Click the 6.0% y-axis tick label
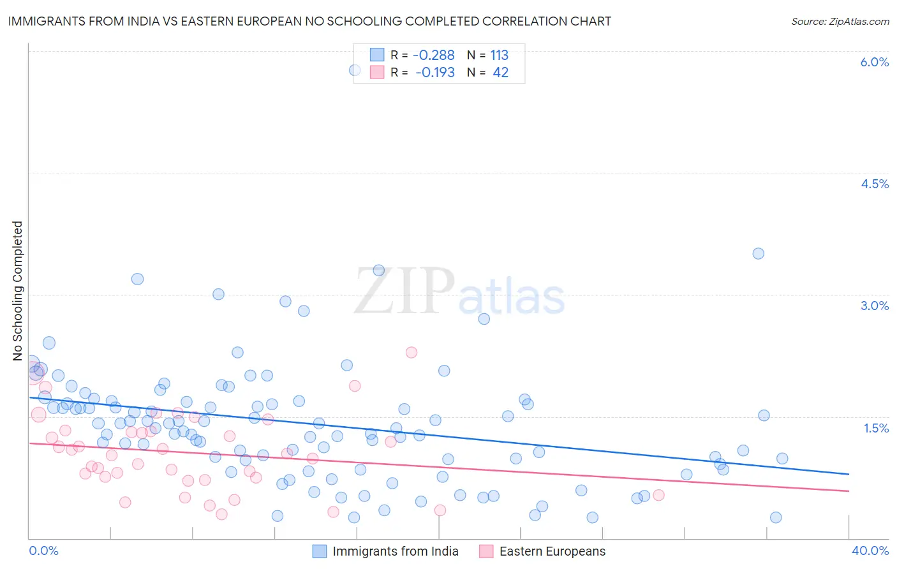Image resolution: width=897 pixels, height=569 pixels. pos(874,62)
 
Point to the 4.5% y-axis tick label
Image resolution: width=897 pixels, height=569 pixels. pos(874,184)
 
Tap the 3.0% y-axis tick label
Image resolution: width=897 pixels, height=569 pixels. pos(874,306)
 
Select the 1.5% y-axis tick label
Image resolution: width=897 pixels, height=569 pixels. pos(876,428)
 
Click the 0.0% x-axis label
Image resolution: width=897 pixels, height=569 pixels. pos(43,551)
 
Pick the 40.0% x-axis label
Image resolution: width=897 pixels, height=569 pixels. pos(870,551)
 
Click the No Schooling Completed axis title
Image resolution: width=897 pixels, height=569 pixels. pos(17,291)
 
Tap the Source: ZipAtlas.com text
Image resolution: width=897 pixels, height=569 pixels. pos(840,22)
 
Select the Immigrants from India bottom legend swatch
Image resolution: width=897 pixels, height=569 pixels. pos(320,551)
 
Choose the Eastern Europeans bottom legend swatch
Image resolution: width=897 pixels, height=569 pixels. pos(486,551)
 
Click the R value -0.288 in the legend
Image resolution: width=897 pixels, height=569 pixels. pos(434,55)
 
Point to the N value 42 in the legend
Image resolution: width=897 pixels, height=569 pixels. pos(500,73)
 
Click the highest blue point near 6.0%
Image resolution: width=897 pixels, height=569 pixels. pos(355,70)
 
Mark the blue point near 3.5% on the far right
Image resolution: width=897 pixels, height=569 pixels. pos(758,253)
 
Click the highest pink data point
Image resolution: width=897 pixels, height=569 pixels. pos(411,352)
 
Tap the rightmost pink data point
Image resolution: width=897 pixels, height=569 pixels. pos(659,495)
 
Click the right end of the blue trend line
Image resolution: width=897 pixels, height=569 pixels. pos(849,474)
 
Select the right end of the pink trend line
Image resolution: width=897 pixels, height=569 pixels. pos(849,491)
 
